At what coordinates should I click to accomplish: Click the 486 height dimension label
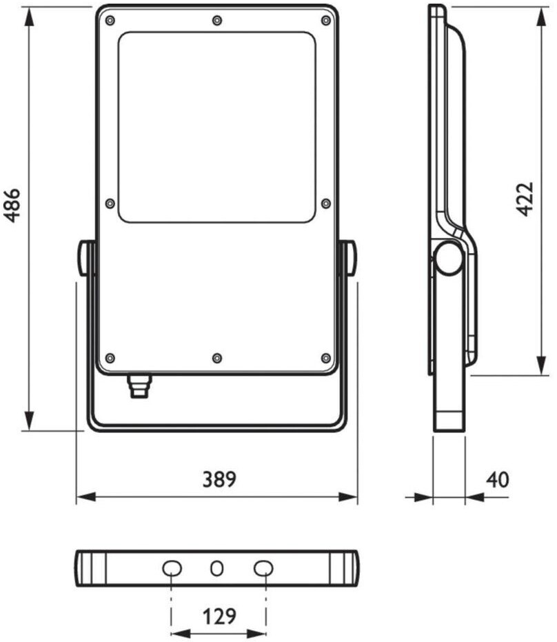coord(12,205)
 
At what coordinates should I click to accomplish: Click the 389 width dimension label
coord(219,479)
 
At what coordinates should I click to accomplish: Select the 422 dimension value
coord(525,199)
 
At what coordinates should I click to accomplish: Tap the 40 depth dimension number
coord(497,479)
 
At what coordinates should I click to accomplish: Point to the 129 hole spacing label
coord(219,616)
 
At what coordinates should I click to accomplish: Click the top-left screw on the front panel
coord(110,21)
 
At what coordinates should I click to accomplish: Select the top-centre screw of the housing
coord(217,21)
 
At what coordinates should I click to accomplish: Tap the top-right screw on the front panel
coord(326,21)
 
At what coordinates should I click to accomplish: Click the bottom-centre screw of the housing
coord(217,359)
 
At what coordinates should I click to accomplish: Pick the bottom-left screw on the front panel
coord(110,359)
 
